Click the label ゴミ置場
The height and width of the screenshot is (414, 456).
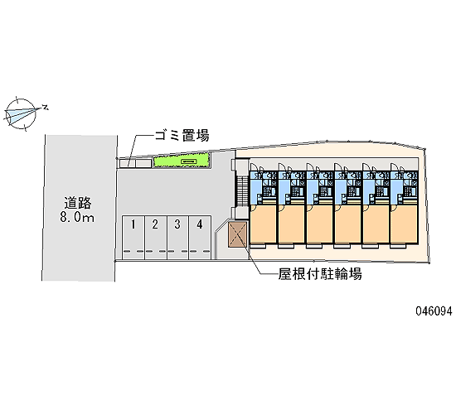(x=182, y=136)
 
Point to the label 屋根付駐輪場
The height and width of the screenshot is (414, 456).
(x=320, y=274)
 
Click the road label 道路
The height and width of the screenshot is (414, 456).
(x=78, y=203)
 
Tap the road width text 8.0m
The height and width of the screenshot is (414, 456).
(x=77, y=217)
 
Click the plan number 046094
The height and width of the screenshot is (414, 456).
(x=434, y=311)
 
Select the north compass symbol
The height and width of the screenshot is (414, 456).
(x=21, y=113)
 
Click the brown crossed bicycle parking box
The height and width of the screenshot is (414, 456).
(x=238, y=235)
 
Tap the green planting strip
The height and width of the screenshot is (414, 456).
(x=182, y=161)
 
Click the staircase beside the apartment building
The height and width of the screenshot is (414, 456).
(x=242, y=189)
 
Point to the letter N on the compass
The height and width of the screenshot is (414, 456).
(x=45, y=107)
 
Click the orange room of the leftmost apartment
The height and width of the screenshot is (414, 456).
(x=263, y=224)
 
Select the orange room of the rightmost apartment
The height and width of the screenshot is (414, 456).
(x=404, y=224)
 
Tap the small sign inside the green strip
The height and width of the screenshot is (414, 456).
(x=189, y=161)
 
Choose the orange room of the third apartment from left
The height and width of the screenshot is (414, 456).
(x=319, y=224)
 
